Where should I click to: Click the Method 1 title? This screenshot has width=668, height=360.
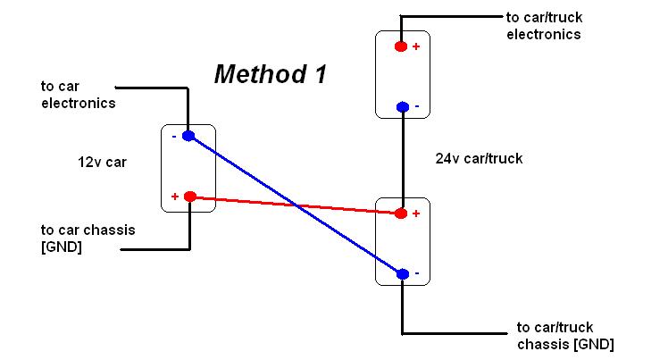[x=271, y=74]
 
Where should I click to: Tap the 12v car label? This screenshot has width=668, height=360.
[x=102, y=163]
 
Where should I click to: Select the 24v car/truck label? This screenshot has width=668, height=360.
[x=479, y=158]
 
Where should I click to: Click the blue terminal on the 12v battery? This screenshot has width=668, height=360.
[x=188, y=136]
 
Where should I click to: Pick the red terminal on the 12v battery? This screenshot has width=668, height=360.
[x=190, y=197]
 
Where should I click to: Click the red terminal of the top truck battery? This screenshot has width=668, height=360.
[x=400, y=46]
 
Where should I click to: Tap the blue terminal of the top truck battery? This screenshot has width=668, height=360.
[x=403, y=106]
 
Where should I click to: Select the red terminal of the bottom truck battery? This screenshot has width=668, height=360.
[x=400, y=213]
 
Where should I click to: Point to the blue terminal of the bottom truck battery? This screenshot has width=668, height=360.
[x=403, y=274]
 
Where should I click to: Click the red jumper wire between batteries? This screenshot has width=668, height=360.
[x=296, y=205]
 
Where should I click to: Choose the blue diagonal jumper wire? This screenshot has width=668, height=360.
[x=296, y=205]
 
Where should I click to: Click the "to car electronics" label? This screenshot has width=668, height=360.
[x=79, y=95]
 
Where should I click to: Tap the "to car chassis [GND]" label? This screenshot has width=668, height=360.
[x=88, y=239]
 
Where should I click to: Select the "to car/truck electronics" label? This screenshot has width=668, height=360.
[x=544, y=26]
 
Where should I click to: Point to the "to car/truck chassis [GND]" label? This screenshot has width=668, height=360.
[x=565, y=336]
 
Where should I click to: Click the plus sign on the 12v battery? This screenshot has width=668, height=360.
[x=175, y=197]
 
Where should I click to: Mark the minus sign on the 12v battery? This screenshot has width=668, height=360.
[x=174, y=137]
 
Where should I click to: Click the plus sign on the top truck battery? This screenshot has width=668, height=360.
[x=416, y=46]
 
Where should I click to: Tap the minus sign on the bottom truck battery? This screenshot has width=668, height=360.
[x=417, y=273]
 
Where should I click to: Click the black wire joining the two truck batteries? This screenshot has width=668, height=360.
[x=403, y=160]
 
